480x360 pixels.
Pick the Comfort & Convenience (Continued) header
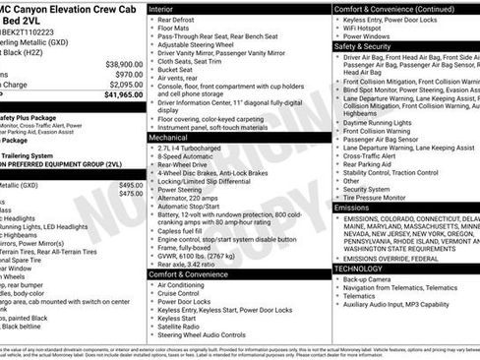[392, 7]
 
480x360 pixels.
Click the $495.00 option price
[131, 185]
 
